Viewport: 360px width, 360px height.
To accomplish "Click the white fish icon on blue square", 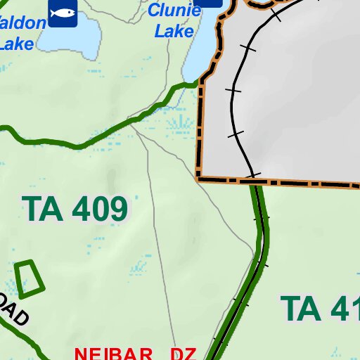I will [63, 12].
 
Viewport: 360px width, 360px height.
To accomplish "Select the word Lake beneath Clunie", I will [174, 31].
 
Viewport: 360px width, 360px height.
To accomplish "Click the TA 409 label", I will [75, 209].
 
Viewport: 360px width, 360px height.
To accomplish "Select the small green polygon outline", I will [29, 278].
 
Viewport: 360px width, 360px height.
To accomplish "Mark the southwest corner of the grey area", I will [200, 179].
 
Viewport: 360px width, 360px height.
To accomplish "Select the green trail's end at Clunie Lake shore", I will [196, 84].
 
